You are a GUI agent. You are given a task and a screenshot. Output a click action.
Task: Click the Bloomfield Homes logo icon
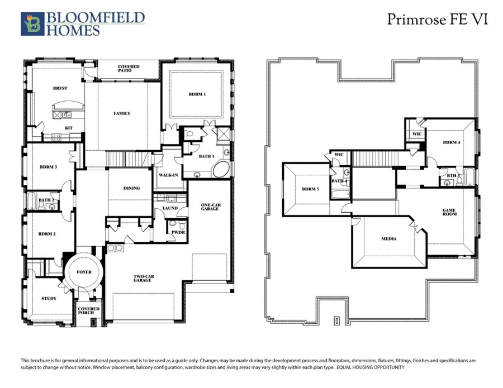coord(32,25)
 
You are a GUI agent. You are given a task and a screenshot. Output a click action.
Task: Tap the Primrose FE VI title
coord(438,20)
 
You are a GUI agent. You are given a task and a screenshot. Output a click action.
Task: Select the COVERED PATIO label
coord(129,69)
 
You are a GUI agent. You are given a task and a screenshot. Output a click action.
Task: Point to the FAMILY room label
coord(122,113)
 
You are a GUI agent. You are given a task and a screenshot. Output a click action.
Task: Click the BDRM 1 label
coord(197,94)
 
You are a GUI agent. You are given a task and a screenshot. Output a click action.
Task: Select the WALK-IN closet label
coord(168,175)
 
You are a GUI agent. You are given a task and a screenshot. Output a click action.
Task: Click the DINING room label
coord(131,188)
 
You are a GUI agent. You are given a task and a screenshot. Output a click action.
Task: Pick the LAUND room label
coord(169,208)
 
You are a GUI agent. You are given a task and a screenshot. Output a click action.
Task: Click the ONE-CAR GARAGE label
coord(211,208)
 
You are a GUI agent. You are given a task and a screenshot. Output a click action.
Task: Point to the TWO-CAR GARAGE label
coord(143,278)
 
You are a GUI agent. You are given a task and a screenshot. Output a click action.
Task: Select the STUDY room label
coord(49,299)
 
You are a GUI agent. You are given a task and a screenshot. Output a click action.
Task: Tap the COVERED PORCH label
coord(88,311)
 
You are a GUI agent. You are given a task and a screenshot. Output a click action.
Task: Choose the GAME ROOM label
coord(449,213)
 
